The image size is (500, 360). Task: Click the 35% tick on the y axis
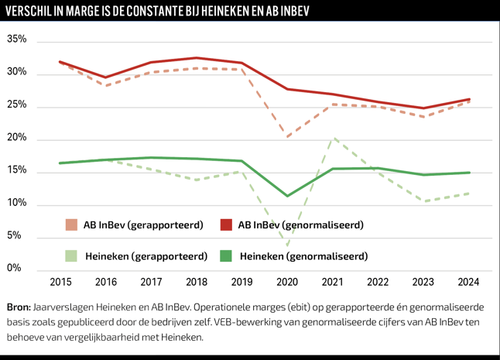[17, 39]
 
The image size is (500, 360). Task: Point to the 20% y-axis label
[17, 139]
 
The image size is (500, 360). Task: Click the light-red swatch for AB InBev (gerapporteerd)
[72, 225]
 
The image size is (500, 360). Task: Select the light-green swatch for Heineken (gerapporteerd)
[72, 255]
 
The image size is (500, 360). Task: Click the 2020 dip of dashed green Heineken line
[287, 246]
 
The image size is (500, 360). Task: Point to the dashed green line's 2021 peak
[333, 139]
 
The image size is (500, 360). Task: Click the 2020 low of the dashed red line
[287, 137]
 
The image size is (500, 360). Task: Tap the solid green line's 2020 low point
[287, 196]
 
